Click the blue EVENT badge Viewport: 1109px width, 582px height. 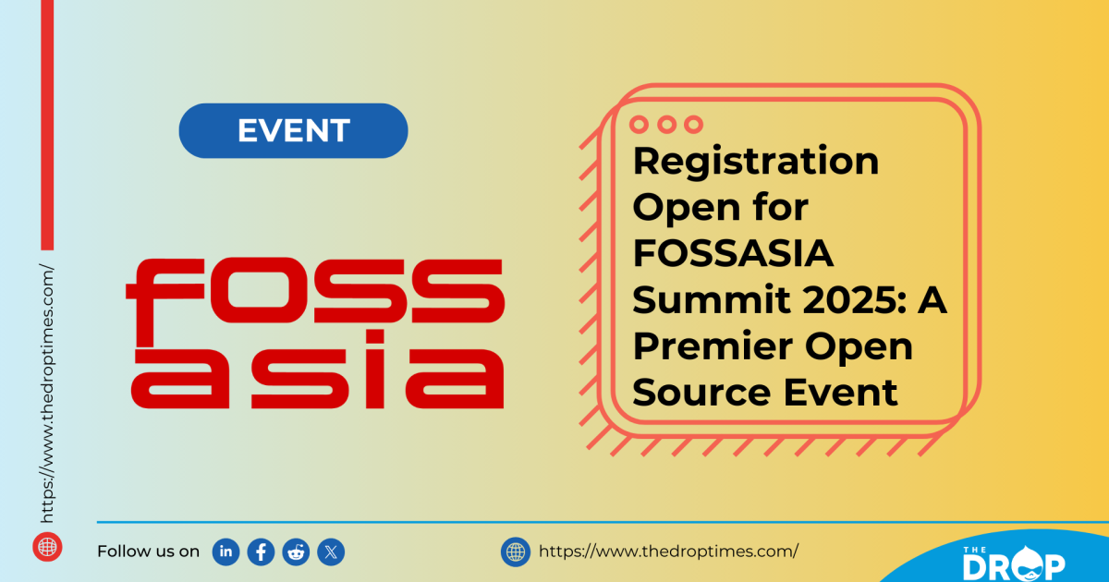pyautogui.click(x=293, y=130)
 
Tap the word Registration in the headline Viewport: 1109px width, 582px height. pyautogui.click(x=755, y=163)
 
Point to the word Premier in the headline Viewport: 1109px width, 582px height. pyautogui.click(x=701, y=347)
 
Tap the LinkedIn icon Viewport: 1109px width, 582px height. pyautogui.click(x=225, y=552)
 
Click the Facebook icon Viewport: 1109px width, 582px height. pyautogui.click(x=262, y=552)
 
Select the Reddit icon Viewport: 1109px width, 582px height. pyautogui.click(x=297, y=552)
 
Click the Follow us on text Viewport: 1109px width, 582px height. pyautogui.click(x=148, y=552)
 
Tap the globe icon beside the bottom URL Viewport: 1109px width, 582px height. pyautogui.click(x=515, y=552)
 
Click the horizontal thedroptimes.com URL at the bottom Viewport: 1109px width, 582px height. pyautogui.click(x=668, y=552)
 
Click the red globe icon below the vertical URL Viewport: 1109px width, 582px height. pyautogui.click(x=47, y=546)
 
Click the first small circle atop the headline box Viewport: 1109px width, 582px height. pyautogui.click(x=640, y=124)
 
